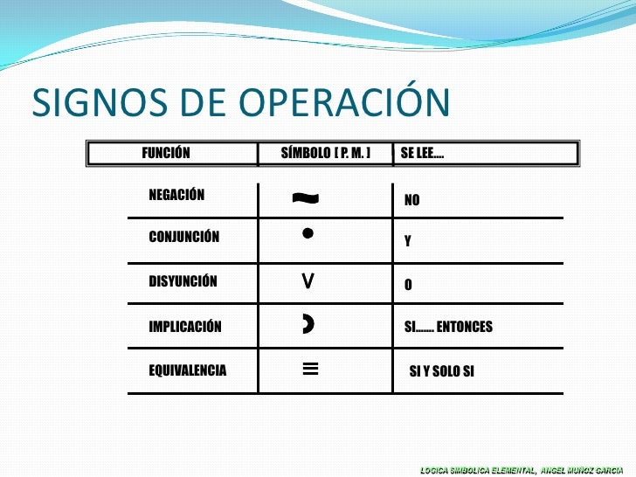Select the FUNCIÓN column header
[166, 153]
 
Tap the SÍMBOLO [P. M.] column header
[326, 153]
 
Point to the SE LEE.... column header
[421, 153]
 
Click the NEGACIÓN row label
[176, 195]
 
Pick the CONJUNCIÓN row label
[184, 236]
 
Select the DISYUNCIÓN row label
[183, 282]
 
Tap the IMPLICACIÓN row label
[185, 328]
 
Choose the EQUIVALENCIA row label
[188, 370]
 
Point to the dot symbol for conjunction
[308, 233]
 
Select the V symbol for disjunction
[308, 280]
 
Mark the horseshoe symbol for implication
[308, 325]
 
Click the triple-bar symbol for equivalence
[309, 369]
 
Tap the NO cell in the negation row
[411, 200]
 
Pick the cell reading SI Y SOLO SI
[442, 371]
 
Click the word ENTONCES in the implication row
[465, 327]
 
